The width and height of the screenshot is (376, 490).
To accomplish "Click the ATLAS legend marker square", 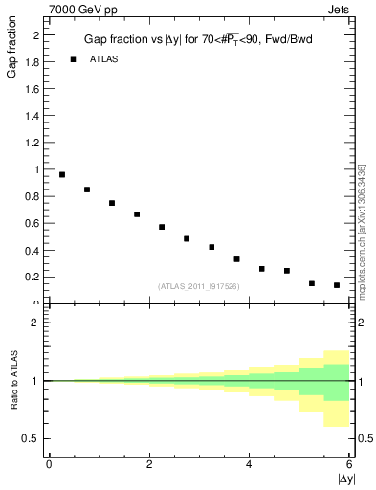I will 73,59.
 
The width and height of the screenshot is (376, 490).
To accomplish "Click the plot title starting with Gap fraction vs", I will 198,39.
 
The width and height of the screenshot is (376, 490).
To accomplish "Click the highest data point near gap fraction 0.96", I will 62,174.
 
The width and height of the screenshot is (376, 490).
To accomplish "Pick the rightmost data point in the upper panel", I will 337,285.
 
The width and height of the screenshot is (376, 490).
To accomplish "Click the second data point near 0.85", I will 87,189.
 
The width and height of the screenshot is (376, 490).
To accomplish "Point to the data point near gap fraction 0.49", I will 187,238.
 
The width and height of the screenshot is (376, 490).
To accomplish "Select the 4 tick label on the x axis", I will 249,464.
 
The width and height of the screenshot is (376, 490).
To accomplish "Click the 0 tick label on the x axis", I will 49,464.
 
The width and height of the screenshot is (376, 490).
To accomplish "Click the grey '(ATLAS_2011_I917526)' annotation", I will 198,286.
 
